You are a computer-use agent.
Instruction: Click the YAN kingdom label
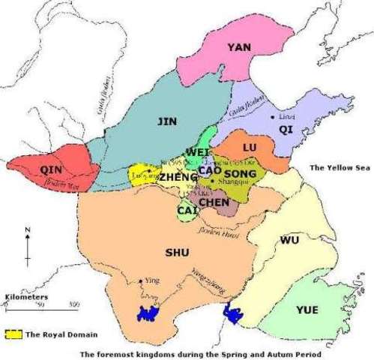click(239, 47)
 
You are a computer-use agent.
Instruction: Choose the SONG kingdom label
click(240, 173)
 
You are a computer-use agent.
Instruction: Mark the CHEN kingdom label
click(214, 202)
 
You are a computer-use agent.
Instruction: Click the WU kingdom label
click(289, 240)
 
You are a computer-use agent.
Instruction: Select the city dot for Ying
click(141, 282)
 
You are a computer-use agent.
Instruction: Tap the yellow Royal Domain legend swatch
click(13, 334)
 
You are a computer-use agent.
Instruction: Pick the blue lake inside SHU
click(149, 314)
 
